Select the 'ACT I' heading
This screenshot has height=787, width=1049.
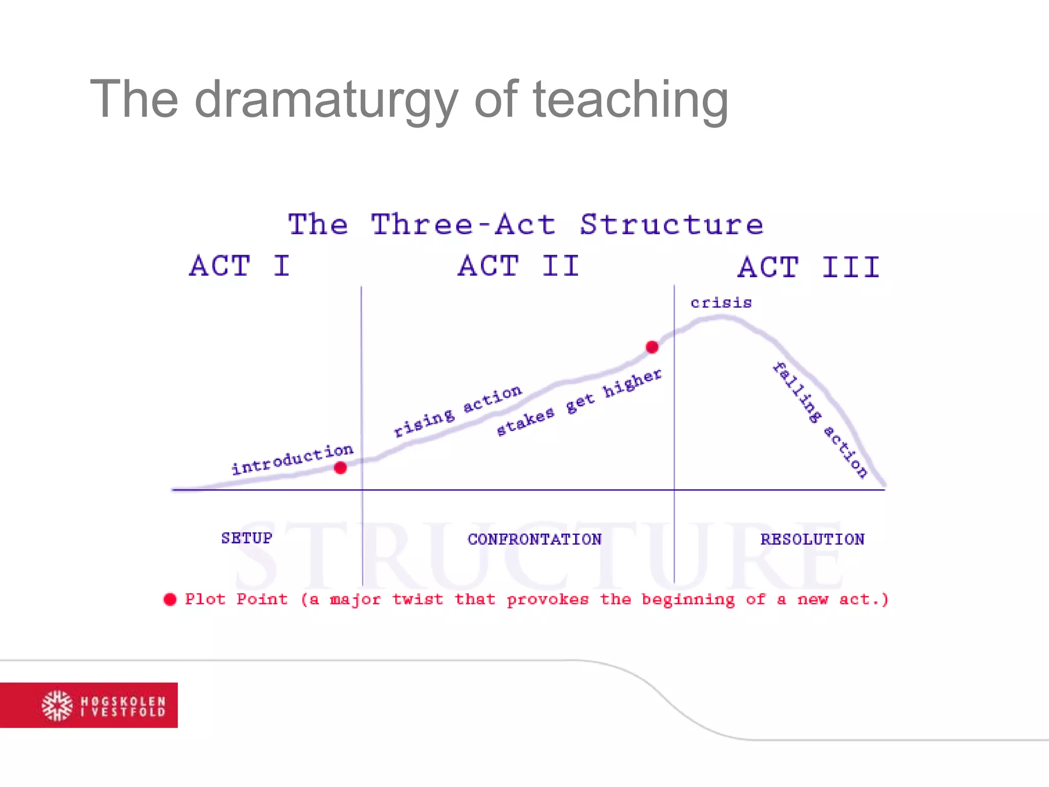(240, 266)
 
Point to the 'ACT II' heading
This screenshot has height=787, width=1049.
(518, 266)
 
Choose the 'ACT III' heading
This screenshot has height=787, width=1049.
(809, 267)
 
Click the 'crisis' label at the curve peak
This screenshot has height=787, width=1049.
(721, 303)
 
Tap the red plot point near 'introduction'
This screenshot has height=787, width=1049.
(340, 468)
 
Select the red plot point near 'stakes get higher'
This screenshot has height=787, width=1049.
(652, 347)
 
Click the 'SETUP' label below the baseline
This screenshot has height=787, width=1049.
(246, 538)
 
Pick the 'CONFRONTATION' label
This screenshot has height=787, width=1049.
(534, 539)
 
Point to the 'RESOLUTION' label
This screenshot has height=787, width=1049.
(812, 539)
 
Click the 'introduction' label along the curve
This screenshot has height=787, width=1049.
(292, 459)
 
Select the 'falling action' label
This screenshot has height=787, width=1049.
(820, 420)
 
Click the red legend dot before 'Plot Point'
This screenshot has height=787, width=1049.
(170, 599)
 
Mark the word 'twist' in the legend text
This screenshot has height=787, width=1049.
(417, 599)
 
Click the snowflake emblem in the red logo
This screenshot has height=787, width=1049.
(57, 706)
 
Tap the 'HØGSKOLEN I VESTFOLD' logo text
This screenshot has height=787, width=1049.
(123, 706)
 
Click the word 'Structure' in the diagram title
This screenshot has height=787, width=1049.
(671, 224)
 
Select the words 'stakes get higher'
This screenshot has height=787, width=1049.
(579, 403)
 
